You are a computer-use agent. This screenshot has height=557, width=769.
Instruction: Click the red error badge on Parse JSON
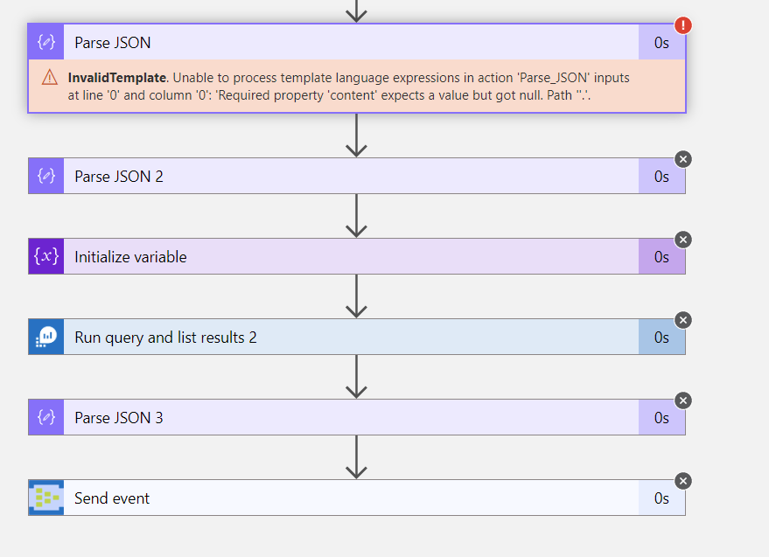click(683, 25)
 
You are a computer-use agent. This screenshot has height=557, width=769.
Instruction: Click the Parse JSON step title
click(112, 43)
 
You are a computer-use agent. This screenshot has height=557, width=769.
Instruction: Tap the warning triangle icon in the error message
click(50, 78)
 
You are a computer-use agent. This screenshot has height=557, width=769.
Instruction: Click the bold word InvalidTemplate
click(116, 78)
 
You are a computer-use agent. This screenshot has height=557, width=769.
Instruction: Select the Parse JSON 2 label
click(118, 177)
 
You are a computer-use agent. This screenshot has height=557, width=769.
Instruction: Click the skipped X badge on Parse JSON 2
click(683, 158)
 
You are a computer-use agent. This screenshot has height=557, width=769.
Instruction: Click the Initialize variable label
click(130, 257)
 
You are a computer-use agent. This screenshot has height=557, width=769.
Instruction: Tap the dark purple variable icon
click(45, 257)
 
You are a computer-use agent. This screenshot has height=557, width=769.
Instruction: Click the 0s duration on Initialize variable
click(661, 257)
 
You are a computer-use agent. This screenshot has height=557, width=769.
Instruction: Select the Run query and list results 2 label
click(165, 338)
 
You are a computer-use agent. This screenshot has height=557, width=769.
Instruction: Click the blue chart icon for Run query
click(45, 338)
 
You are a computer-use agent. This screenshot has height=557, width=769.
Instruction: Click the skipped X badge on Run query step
click(683, 319)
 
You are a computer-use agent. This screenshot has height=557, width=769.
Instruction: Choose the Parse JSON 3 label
click(118, 418)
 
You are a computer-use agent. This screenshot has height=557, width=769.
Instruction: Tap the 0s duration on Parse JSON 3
click(661, 418)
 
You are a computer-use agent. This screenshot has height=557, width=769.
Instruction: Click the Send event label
click(112, 498)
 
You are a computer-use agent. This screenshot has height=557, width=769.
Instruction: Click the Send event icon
click(45, 498)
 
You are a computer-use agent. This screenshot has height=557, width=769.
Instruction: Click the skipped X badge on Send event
click(683, 480)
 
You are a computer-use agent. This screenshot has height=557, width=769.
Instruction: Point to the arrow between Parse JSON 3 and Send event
click(356, 457)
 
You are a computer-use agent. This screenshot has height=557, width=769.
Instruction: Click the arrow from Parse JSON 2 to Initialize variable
click(356, 216)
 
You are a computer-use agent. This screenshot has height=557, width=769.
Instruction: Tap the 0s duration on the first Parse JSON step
click(661, 43)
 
